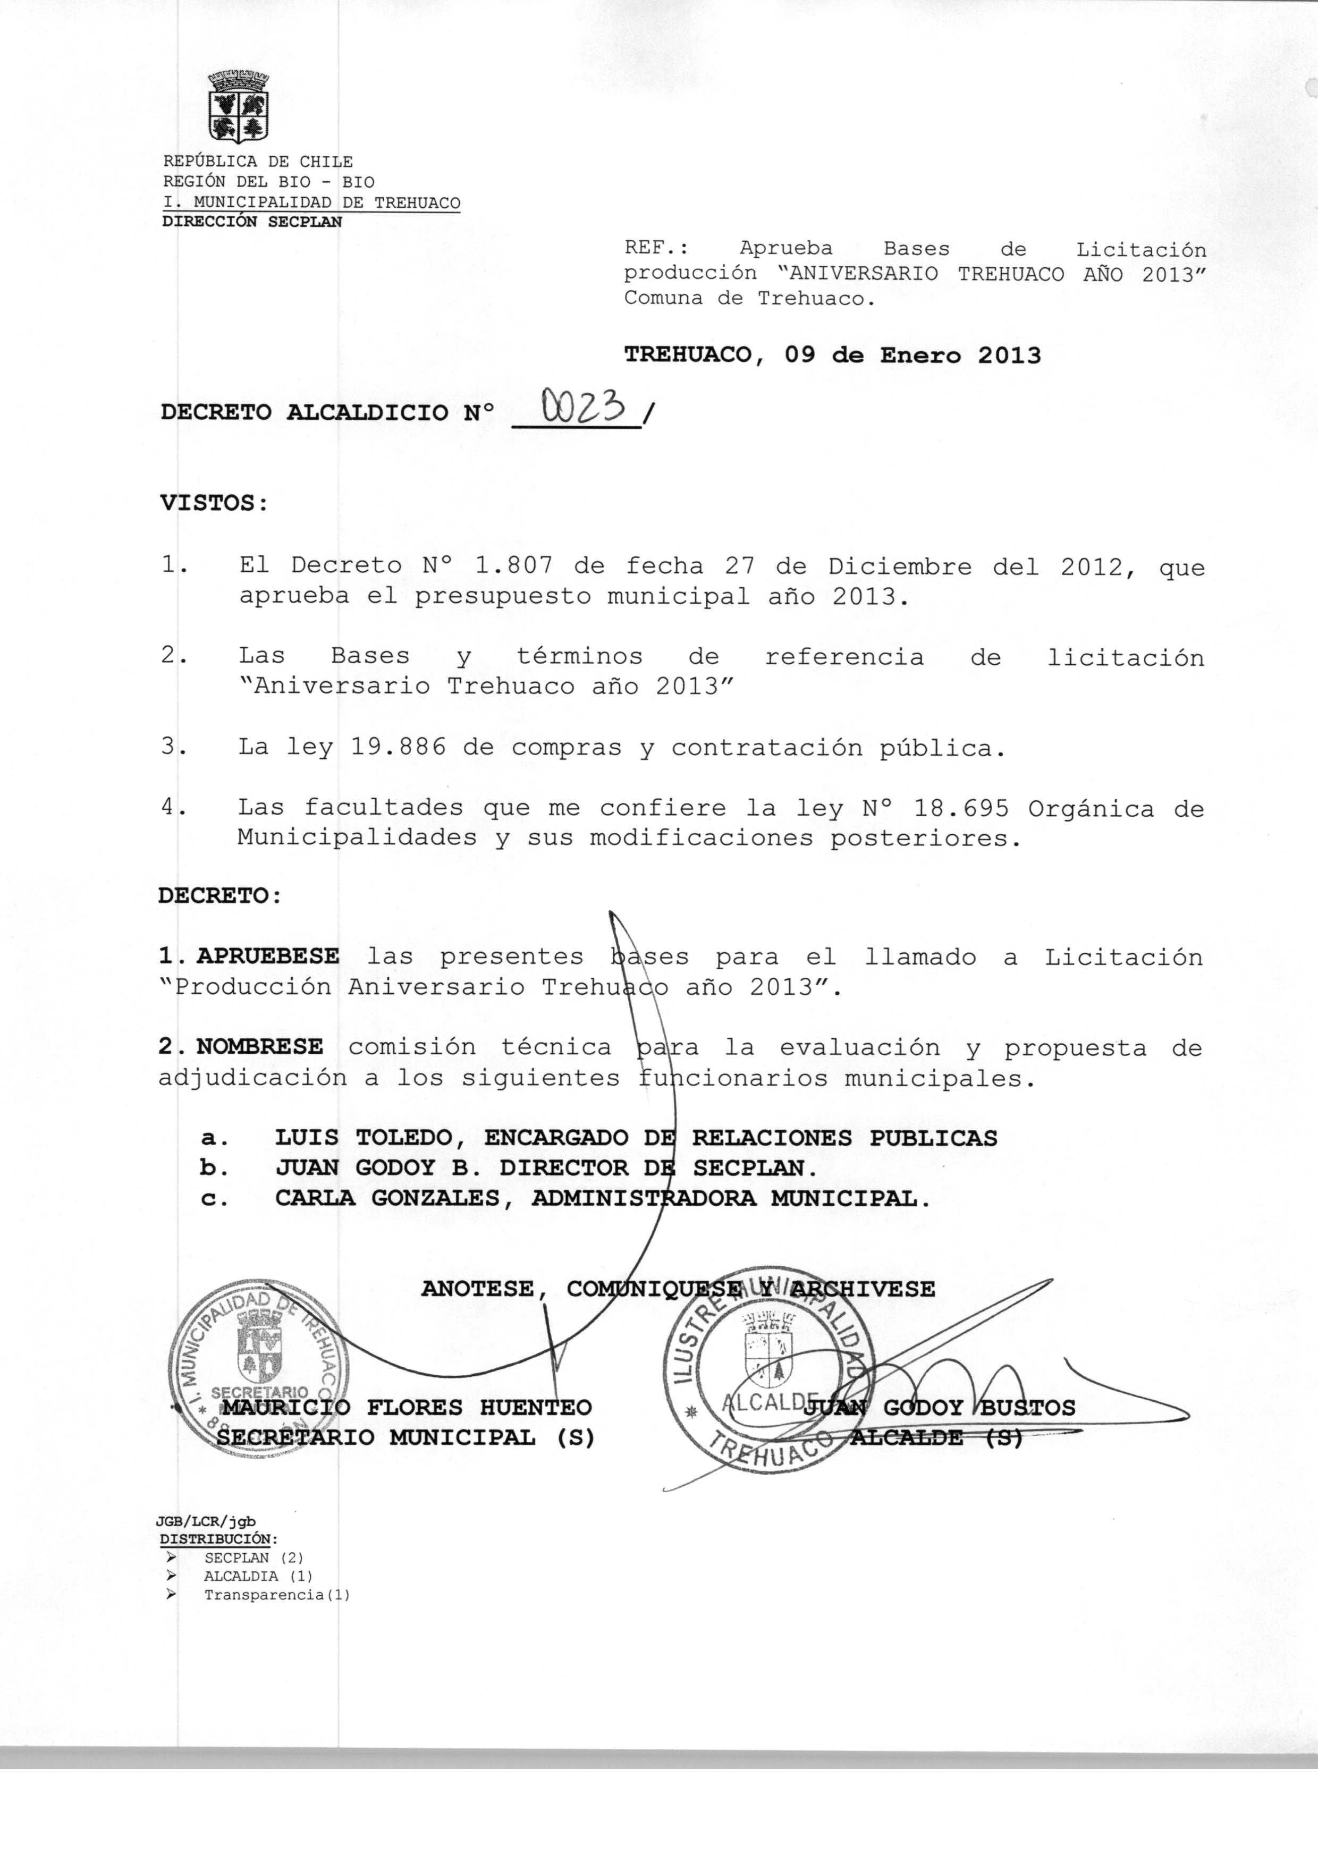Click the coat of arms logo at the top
(239, 107)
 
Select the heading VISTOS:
(214, 503)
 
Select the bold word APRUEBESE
(268, 957)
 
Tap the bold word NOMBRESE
(260, 1047)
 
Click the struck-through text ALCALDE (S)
(935, 1437)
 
